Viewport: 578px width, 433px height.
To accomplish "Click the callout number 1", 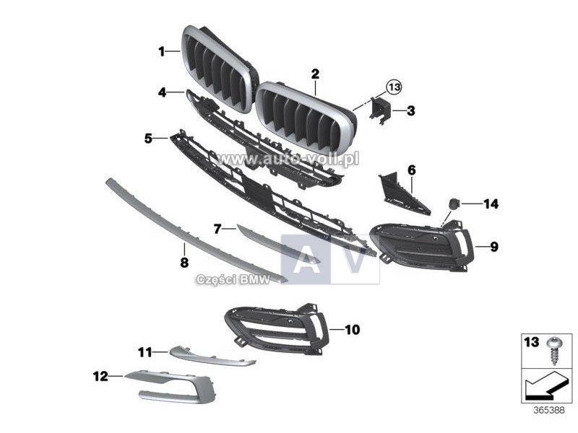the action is (x=161, y=51).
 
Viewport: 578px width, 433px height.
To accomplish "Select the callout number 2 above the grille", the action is (x=315, y=74).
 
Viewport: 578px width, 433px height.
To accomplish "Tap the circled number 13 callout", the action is (x=394, y=87).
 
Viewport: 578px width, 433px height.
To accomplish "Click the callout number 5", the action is (x=148, y=139).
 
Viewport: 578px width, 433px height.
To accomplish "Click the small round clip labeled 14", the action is (x=453, y=203).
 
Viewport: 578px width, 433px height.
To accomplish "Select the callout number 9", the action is (x=493, y=246).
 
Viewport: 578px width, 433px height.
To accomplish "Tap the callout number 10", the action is (x=352, y=330).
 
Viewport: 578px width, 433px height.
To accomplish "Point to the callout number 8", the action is (x=184, y=263).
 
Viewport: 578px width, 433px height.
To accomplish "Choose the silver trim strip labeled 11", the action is (x=212, y=356).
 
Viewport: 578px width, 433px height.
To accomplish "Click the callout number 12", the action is (x=100, y=376).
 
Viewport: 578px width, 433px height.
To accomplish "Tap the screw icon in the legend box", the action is (x=552, y=351).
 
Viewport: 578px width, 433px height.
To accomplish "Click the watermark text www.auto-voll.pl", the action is (x=288, y=159).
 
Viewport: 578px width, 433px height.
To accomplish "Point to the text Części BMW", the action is (x=233, y=279).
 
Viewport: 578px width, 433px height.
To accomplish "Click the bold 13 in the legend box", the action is (x=532, y=342).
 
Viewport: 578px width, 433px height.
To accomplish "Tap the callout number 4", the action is (x=162, y=92).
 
